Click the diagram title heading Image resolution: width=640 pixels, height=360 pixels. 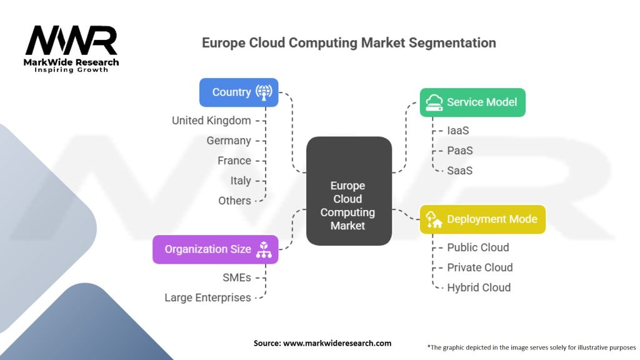pos(349,43)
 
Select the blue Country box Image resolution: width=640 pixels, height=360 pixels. pos(239,92)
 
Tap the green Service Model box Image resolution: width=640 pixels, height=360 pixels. pos(472,102)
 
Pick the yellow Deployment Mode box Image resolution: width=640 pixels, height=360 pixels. pos(482,219)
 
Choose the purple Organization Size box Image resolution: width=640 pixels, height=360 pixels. pos(216,249)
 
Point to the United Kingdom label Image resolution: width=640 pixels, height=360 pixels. pos(211,121)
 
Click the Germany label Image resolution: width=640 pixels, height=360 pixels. pos(229,141)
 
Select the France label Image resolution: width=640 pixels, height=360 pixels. pos(234,161)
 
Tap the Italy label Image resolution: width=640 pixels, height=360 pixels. pos(241,181)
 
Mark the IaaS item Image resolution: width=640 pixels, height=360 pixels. pos(458,131)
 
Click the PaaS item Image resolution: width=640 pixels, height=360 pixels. pos(460,151)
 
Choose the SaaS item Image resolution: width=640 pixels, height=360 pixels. pos(460,171)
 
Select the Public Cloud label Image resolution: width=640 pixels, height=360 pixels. pos(478,247)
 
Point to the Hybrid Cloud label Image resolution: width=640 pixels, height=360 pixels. pos(479,287)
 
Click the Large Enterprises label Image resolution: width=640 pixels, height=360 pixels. pos(207,297)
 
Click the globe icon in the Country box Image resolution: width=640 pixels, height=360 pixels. pos(264,92)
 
